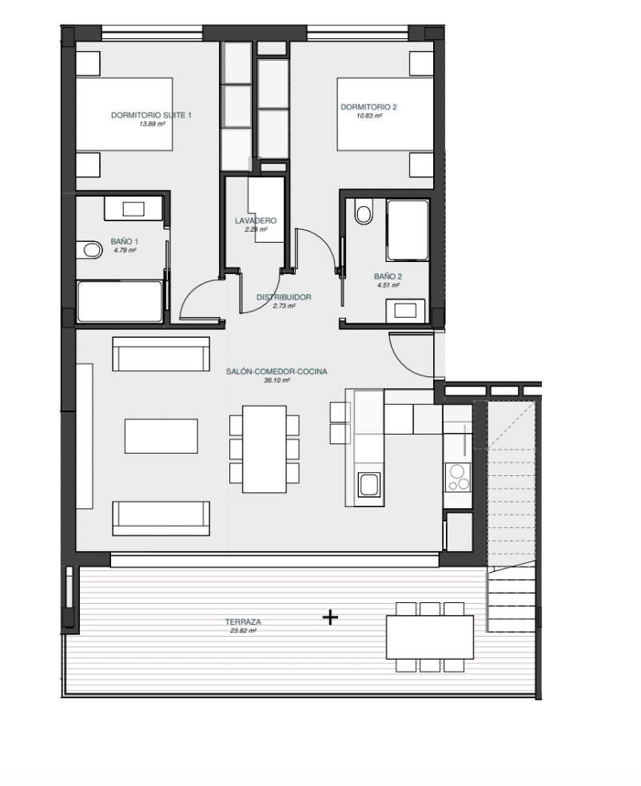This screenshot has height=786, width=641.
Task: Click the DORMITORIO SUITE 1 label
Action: (x=151, y=115)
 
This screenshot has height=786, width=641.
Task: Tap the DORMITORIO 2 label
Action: (x=368, y=107)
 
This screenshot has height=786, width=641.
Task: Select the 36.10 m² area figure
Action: (x=277, y=380)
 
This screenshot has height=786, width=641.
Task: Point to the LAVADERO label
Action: (x=255, y=220)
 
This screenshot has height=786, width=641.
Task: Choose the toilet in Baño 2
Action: (x=364, y=212)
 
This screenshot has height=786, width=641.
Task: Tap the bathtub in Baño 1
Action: (x=120, y=301)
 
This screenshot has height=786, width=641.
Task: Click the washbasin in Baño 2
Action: (x=405, y=311)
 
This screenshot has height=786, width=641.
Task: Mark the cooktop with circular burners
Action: (x=458, y=477)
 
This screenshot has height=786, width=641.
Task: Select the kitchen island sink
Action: (x=369, y=485)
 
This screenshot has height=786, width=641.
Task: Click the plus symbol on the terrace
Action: (x=330, y=617)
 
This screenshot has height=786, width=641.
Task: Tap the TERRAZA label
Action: (x=243, y=621)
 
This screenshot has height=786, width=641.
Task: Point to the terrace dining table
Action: (x=430, y=637)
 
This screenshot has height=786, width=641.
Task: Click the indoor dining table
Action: (x=265, y=449)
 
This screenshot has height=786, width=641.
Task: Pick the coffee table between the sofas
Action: (x=161, y=436)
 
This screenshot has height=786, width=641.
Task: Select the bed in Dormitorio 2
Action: (x=385, y=113)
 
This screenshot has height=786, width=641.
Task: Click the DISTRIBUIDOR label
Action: (x=284, y=297)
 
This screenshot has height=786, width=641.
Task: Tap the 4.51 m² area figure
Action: (x=388, y=285)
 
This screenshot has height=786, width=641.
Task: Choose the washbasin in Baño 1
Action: (x=133, y=208)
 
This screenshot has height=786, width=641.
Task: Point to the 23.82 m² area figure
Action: (x=243, y=630)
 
